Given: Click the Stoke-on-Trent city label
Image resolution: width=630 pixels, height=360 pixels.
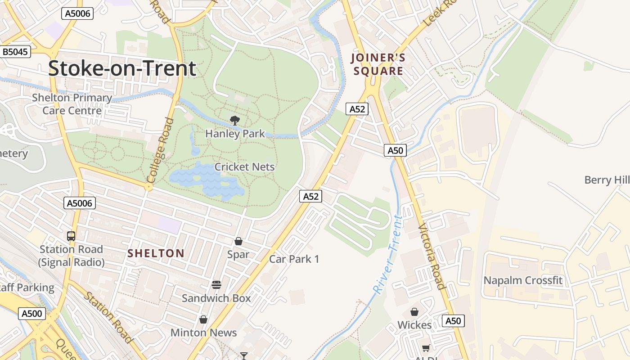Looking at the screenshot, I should (122, 68).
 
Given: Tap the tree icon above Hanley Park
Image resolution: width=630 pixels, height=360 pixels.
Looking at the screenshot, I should (234, 121).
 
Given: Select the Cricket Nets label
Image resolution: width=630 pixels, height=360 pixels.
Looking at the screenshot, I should (244, 167).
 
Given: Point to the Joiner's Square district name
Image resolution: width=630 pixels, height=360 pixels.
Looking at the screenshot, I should (378, 64).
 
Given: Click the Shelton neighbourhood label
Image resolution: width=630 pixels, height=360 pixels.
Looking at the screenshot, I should (156, 253).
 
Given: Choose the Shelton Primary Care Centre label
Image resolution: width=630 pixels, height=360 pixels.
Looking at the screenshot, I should (72, 104).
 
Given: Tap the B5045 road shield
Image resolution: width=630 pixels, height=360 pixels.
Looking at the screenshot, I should (15, 52).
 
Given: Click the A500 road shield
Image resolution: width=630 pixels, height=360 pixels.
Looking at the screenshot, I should (32, 314).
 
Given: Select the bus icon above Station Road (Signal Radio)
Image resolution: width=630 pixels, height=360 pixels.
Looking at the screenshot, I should (71, 236).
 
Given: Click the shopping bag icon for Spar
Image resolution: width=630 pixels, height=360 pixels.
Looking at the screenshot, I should (238, 242).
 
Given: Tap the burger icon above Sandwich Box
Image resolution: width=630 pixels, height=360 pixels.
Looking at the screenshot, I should (216, 285).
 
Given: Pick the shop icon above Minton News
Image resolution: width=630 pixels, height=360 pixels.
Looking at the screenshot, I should (203, 319).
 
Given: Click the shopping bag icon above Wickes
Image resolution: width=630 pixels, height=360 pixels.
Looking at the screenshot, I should (414, 312).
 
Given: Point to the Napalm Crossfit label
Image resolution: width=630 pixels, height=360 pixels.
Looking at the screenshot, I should (523, 281).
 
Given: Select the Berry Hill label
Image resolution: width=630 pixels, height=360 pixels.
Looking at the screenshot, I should (607, 180).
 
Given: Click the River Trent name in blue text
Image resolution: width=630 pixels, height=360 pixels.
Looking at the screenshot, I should (387, 255).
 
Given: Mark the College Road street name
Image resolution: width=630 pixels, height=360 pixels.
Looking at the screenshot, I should (160, 150).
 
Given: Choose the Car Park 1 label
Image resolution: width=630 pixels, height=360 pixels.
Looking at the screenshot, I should (294, 259).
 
